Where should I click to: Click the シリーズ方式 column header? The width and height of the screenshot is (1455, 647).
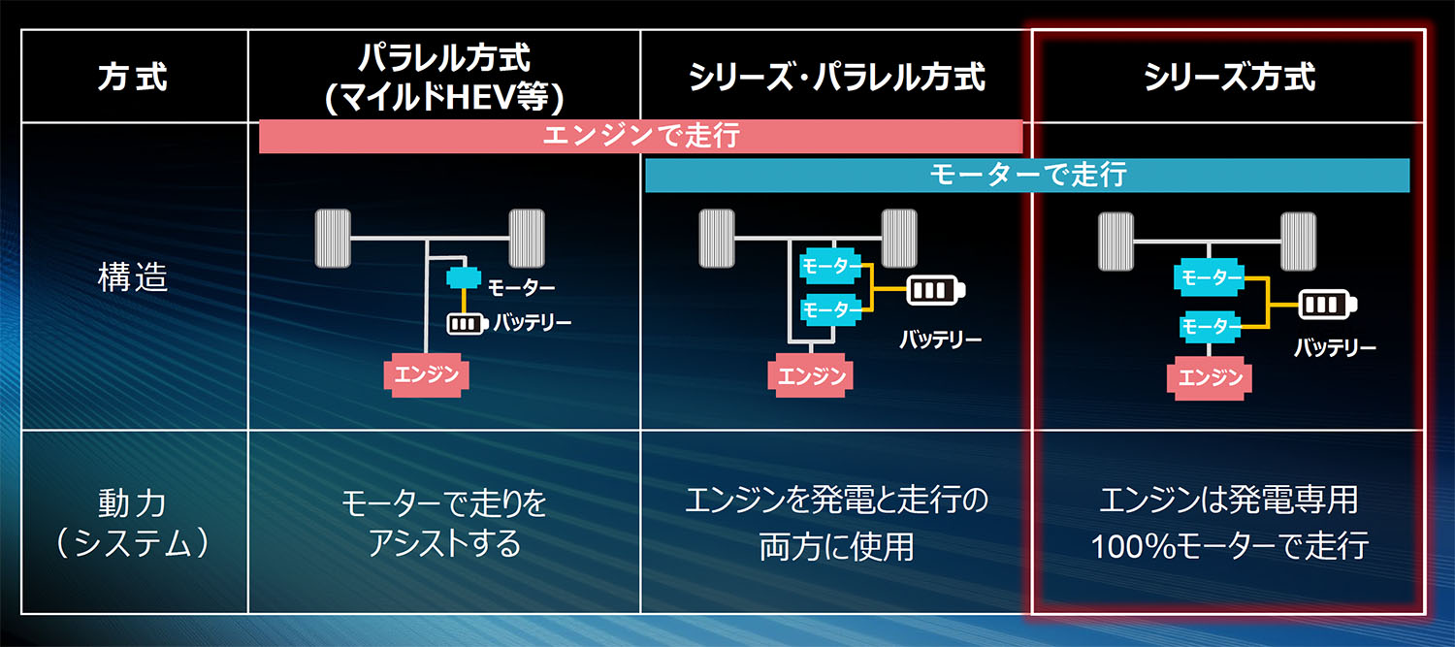tap(1229, 78)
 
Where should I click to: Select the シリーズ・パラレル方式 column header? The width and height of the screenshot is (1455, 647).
tap(836, 78)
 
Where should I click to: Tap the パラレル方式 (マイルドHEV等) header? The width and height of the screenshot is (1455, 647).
tap(443, 77)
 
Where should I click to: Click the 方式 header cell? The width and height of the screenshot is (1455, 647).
tap(133, 78)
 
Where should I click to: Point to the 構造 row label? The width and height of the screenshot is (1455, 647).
tap(133, 278)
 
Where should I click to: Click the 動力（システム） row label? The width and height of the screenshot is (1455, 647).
tap(133, 524)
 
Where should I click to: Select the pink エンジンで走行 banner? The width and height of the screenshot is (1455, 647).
tap(640, 136)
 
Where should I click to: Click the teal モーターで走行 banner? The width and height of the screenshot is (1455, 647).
tap(1026, 175)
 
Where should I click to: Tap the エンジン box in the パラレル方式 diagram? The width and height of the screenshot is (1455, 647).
tap(427, 373)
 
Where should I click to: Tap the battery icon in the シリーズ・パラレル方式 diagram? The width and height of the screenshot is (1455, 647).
tap(936, 290)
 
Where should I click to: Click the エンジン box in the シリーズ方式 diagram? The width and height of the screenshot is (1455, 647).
tap(1210, 376)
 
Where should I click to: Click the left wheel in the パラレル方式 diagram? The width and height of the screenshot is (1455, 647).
tap(333, 238)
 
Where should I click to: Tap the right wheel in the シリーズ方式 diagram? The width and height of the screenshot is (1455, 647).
tap(1297, 241)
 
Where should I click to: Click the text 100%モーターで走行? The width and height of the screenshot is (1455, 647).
tap(1229, 546)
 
